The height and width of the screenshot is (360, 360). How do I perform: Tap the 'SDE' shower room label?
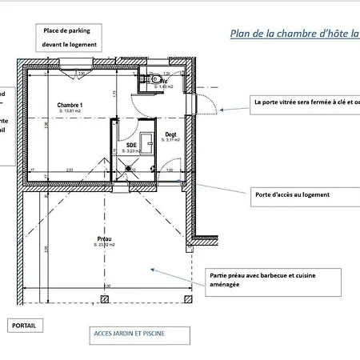coord(131,145)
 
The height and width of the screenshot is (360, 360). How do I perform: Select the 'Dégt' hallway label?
coord(170,134)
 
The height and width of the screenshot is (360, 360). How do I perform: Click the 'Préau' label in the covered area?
coord(103,238)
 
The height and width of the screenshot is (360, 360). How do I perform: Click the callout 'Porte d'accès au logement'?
coord(292,194)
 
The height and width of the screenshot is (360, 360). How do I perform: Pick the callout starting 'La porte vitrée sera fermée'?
coord(304,102)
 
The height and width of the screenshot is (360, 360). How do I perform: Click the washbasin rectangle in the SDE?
coord(146,142)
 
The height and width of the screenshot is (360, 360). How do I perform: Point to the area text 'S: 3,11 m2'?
coord(170,140)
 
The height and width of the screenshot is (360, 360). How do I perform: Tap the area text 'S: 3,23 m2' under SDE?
coord(131,150)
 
